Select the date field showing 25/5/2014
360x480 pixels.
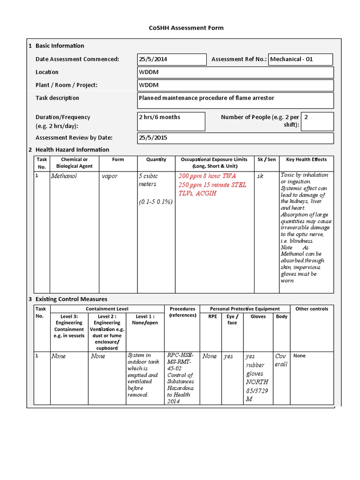pyautogui.click(x=172, y=60)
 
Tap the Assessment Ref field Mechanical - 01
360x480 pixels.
pyautogui.click(x=300, y=60)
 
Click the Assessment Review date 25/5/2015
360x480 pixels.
pyautogui.click(x=235, y=138)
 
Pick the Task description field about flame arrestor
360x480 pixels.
pyautogui.click(x=235, y=100)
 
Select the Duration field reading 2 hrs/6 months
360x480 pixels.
pyautogui.click(x=171, y=121)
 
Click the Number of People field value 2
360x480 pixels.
pyautogui.click(x=317, y=121)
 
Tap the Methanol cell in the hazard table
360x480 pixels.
pyautogui.click(x=64, y=176)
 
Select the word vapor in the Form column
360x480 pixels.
pyautogui.click(x=110, y=176)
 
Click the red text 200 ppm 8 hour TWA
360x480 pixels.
pyautogui.click(x=207, y=176)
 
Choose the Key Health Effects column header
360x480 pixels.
pyautogui.click(x=306, y=159)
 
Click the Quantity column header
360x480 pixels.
pyautogui.click(x=156, y=159)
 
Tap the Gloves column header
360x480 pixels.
pyautogui.click(x=258, y=316)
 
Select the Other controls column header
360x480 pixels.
pyautogui.click(x=312, y=309)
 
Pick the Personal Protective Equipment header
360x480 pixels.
pyautogui.click(x=245, y=309)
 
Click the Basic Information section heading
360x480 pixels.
pyautogui.click(x=60, y=45)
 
